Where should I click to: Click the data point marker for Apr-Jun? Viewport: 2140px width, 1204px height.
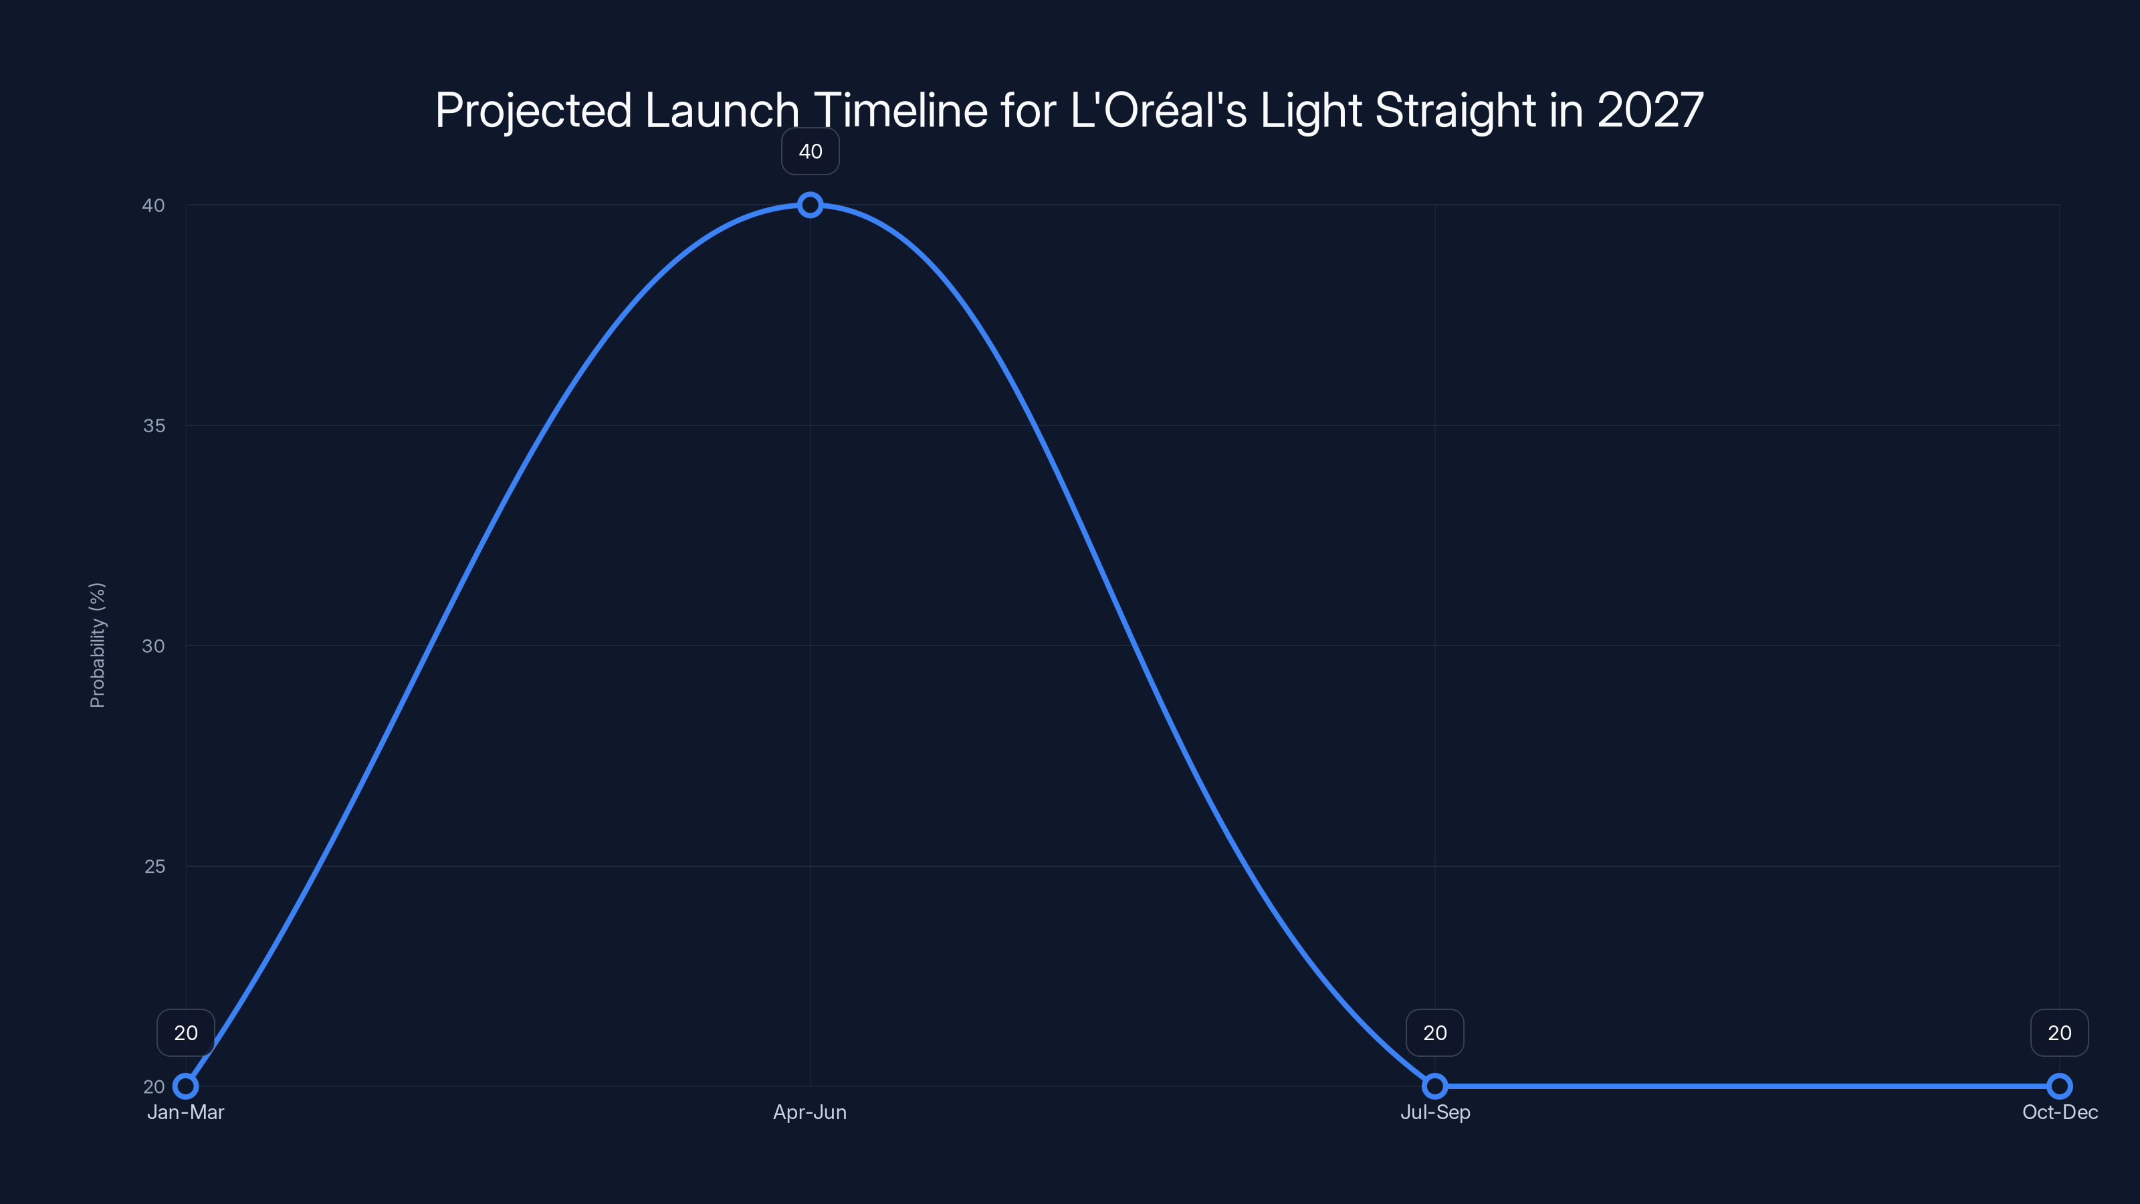pos(810,205)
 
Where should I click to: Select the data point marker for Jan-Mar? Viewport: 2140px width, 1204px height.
pos(185,1086)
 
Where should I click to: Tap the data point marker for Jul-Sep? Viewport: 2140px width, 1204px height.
pos(1434,1086)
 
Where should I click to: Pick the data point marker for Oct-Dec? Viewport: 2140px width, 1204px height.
pos(2060,1086)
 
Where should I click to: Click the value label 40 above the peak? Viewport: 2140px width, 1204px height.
pos(810,151)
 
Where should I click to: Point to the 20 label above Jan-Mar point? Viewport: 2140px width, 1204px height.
pos(185,1033)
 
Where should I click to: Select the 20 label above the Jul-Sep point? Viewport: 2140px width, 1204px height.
pos(1434,1033)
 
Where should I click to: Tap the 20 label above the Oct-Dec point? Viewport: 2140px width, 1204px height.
pos(2060,1033)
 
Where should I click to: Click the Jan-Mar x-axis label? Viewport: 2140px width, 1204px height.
pos(185,1112)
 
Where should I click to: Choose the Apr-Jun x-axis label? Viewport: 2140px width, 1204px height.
pos(810,1112)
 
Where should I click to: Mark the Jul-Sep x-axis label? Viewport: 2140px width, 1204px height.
pos(1434,1112)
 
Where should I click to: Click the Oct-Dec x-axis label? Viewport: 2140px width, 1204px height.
pos(2060,1112)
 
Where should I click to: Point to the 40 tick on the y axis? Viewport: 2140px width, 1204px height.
pos(154,205)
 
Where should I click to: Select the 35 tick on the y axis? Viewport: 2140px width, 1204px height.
pos(154,425)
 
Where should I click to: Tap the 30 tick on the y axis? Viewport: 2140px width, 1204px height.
pos(154,645)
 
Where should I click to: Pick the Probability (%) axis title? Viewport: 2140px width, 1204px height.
pos(97,645)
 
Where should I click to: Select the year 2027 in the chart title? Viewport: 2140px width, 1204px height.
pos(1650,110)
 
